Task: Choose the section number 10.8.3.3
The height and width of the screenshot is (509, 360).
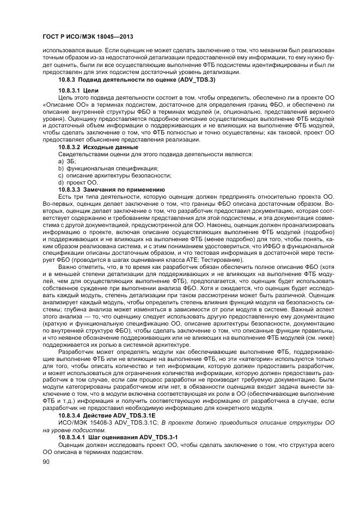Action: point(69,188)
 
